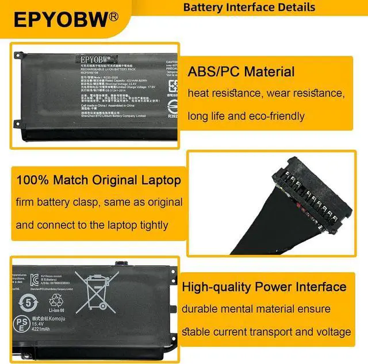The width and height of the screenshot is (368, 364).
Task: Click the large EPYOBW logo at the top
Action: point(60,20)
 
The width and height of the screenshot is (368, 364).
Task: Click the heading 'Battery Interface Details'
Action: point(249,7)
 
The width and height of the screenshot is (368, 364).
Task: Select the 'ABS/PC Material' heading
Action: point(241,72)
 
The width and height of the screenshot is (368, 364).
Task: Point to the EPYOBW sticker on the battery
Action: point(95,59)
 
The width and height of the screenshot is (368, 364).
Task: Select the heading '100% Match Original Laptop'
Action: point(99,180)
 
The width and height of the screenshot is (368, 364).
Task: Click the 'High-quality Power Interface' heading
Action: point(264,286)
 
